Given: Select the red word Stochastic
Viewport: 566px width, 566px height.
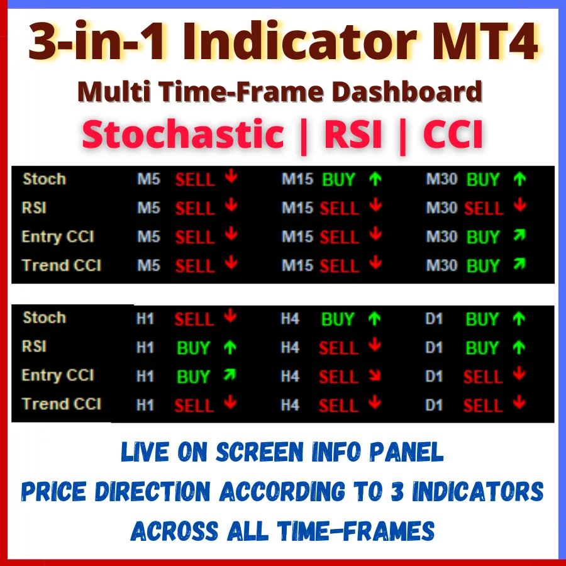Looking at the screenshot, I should [182, 134].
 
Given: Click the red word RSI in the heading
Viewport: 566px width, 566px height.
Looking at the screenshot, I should [353, 134].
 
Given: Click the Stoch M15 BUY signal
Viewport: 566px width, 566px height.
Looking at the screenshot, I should [338, 180].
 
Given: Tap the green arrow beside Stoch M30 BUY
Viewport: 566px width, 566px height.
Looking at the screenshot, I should [519, 180].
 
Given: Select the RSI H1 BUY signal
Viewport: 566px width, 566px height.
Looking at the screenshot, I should [193, 348].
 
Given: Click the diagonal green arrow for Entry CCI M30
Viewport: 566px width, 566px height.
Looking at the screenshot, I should [519, 236].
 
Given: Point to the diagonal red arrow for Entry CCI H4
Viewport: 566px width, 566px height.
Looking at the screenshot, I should [375, 376].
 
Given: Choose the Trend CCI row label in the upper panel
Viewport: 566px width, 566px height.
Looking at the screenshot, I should [61, 265].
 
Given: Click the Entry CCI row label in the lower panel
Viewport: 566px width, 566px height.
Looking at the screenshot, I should [57, 375].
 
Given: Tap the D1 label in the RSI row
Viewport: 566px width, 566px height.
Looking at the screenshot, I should [434, 347].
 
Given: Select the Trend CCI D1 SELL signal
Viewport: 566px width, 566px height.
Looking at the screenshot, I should [483, 406].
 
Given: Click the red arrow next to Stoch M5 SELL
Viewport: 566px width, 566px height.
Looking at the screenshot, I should [231, 178].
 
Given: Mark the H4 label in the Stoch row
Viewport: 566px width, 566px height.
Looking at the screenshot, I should [290, 319].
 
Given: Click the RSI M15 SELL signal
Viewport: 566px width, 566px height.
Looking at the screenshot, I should [339, 208].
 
